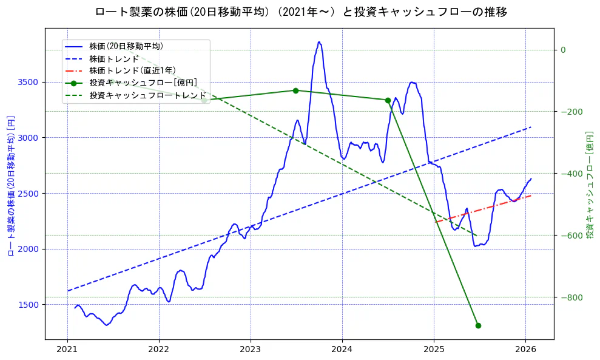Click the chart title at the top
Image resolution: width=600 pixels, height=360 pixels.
[x=301, y=12]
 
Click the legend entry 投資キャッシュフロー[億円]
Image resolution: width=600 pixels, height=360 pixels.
[x=143, y=83]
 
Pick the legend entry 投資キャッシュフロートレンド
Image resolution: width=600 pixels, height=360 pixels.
[x=147, y=95]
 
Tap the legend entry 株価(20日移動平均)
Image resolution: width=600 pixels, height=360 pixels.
[x=126, y=46]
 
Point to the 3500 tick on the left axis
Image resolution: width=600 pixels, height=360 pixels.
[x=29, y=82]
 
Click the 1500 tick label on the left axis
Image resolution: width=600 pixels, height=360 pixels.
[x=29, y=305]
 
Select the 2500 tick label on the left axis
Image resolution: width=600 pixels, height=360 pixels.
[x=29, y=193]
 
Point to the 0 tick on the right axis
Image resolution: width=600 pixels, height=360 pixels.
[x=563, y=50]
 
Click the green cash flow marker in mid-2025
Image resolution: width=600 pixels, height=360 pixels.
[x=478, y=325]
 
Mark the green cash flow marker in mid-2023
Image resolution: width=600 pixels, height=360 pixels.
[x=295, y=90]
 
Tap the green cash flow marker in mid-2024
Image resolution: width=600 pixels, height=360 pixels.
[x=388, y=100]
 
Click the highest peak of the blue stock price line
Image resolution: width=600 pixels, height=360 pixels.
[x=319, y=42]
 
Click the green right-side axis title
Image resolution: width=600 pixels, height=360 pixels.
[x=590, y=184]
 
